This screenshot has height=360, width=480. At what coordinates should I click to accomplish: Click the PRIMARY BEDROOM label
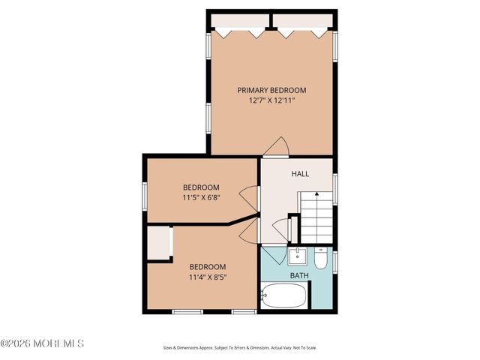[271, 90]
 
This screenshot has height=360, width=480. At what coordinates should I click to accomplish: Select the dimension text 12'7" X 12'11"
[271, 100]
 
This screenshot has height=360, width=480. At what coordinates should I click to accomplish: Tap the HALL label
[300, 174]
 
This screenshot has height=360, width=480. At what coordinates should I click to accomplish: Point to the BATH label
[299, 276]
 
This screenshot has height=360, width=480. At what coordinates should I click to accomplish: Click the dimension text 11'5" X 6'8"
[201, 197]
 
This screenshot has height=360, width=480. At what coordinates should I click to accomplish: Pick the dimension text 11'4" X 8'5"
[207, 277]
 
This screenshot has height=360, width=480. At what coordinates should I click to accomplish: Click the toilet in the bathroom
[320, 259]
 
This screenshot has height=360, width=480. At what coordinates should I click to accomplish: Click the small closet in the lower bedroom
[158, 243]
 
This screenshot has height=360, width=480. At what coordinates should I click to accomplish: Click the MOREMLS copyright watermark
[43, 343]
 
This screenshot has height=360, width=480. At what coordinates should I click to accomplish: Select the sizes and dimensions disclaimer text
[239, 347]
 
